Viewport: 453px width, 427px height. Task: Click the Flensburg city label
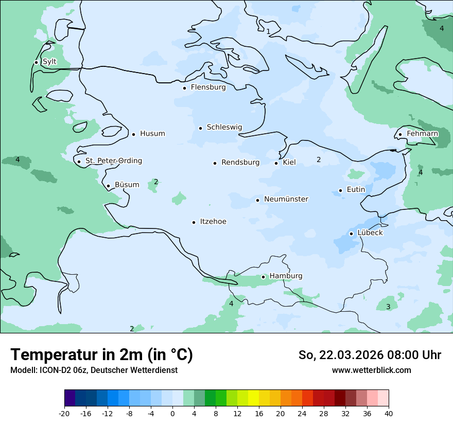point(208,87)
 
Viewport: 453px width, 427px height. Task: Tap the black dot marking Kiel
point(276,163)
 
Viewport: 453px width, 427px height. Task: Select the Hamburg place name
point(286,276)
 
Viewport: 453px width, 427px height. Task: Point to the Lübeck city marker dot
point(352,234)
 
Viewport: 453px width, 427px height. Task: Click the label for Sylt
point(49,62)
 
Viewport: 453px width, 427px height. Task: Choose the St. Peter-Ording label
point(113,161)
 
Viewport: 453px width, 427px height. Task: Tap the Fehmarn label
point(422,134)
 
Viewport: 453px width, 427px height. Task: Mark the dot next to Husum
point(133,134)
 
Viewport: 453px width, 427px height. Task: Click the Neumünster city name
point(286,199)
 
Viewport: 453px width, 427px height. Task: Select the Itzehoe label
point(213,222)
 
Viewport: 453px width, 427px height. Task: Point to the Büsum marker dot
point(108,186)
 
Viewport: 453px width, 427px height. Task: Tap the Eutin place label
point(356,190)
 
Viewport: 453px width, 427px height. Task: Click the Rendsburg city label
point(240,163)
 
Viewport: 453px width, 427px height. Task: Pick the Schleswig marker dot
point(201,128)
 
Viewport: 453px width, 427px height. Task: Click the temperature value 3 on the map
point(388,307)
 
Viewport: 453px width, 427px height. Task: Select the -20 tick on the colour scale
point(64,413)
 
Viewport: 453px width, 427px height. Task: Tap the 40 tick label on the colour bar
point(388,413)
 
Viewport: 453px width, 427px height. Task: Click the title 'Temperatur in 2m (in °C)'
point(101,355)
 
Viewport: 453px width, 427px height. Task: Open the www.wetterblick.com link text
point(371,370)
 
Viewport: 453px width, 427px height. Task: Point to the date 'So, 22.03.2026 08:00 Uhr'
point(370,355)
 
